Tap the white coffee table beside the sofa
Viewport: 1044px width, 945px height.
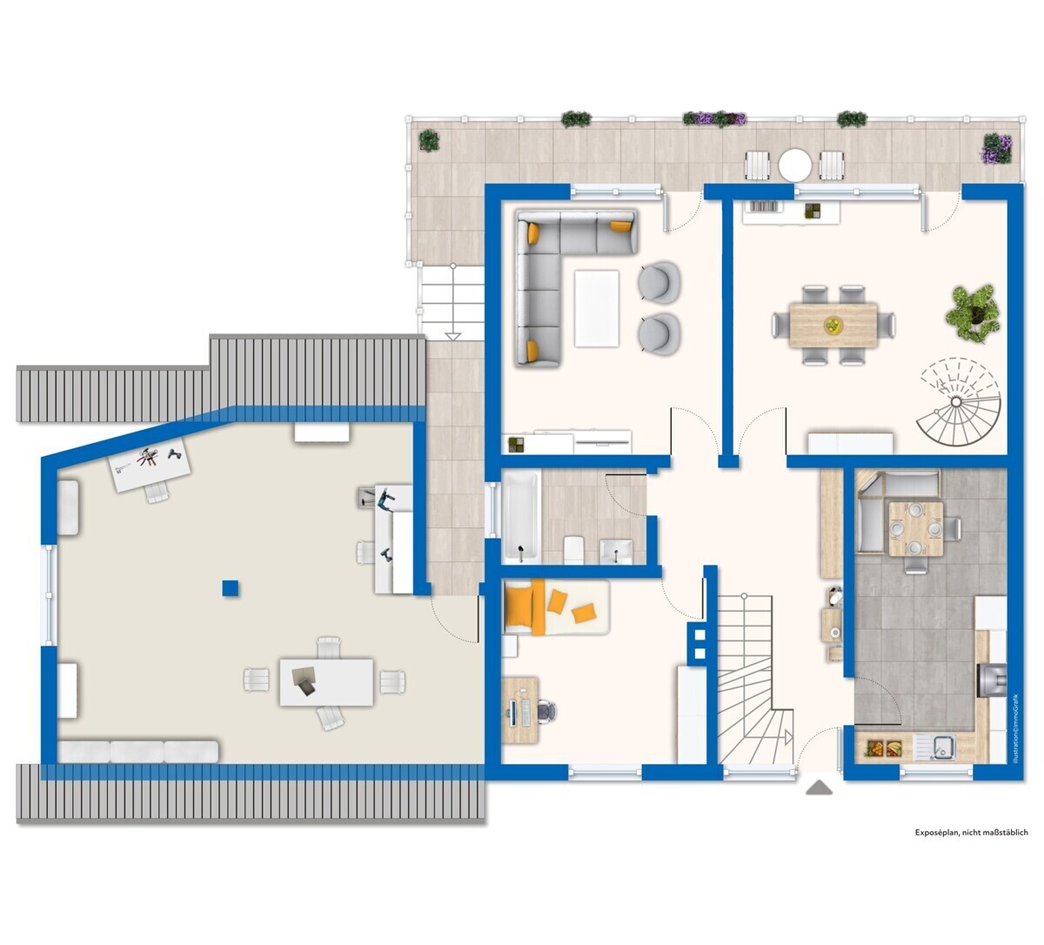pos(597,308)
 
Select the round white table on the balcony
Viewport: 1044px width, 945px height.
pos(794,165)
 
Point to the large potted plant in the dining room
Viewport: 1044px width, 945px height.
pos(974,312)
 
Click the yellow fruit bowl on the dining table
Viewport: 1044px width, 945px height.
pos(833,325)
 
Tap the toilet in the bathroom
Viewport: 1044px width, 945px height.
pos(573,549)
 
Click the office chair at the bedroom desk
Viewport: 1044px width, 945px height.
pos(545,710)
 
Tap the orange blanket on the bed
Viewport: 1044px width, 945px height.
pos(525,607)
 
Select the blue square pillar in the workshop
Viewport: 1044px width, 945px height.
pos(230,588)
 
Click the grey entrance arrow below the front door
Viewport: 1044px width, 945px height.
pos(820,787)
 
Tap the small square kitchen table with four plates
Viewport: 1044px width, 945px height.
pos(915,529)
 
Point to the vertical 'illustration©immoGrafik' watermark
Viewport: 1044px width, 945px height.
pos(1014,729)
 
